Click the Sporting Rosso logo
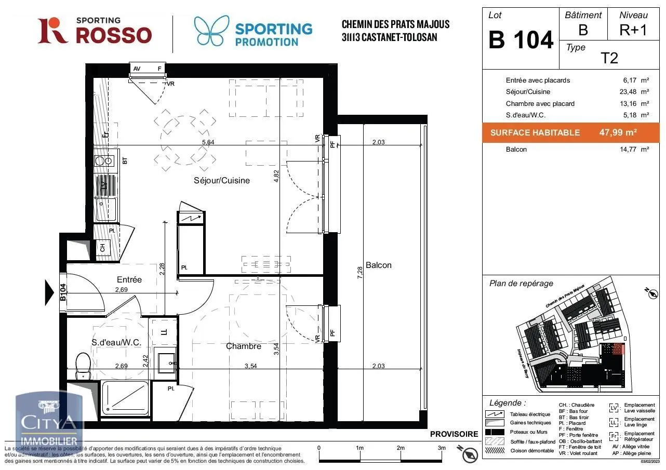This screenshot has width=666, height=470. pyautogui.click(x=95, y=31)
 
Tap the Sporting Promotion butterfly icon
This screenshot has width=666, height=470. pyautogui.click(x=211, y=31)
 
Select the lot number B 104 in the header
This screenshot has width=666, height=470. pyautogui.click(x=521, y=40)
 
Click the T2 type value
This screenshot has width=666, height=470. pyautogui.click(x=609, y=58)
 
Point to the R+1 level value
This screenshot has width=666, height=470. pyautogui.click(x=633, y=30)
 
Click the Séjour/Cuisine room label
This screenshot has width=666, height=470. pyautogui.click(x=222, y=181)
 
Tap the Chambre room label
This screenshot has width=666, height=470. pyautogui.click(x=243, y=346)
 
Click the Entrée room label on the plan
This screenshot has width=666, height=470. pyautogui.click(x=129, y=279)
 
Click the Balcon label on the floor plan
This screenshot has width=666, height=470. pyautogui.click(x=378, y=265)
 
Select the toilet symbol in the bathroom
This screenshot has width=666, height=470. pyautogui.click(x=83, y=365)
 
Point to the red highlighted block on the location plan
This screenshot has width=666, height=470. pyautogui.click(x=617, y=349)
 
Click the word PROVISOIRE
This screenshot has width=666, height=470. pyautogui.click(x=454, y=434)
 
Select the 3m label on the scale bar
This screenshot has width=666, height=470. pyautogui.click(x=442, y=448)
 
